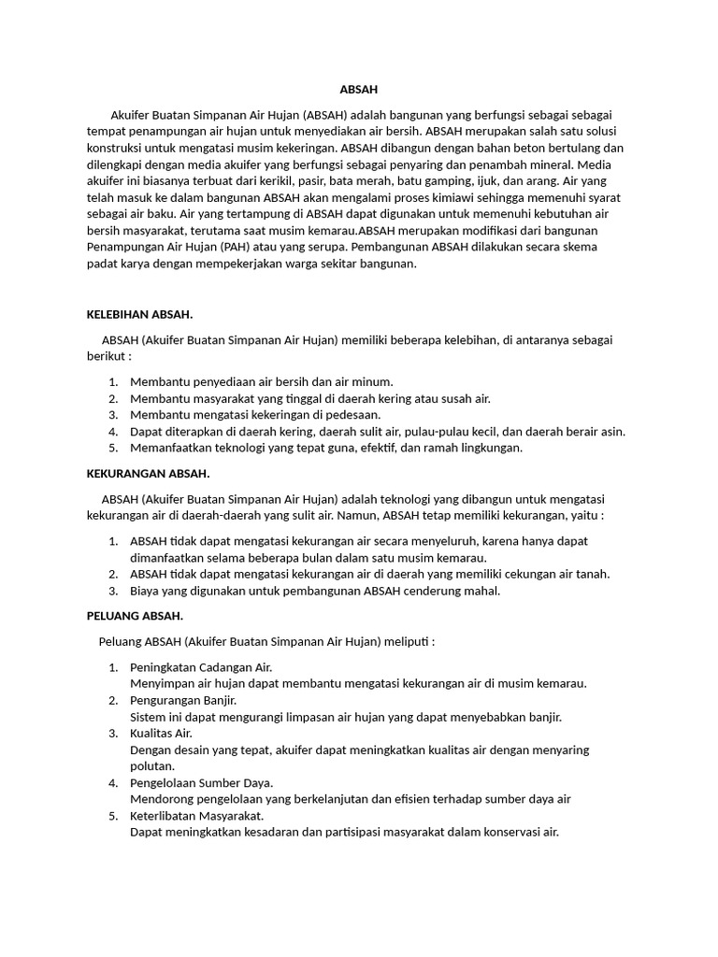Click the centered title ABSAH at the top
click(359, 90)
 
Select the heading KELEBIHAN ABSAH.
click(139, 314)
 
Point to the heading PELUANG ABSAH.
click(135, 616)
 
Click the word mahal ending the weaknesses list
click(483, 591)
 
